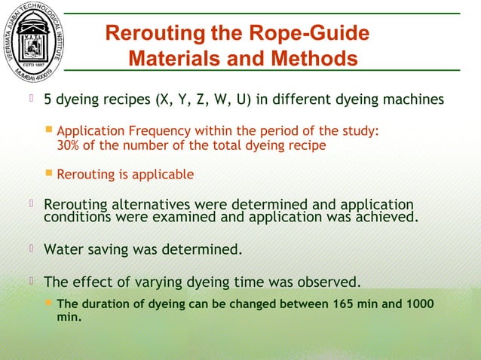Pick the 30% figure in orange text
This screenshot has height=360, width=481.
(70, 145)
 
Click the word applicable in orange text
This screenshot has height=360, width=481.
(161, 175)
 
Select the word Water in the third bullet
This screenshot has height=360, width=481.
(65, 248)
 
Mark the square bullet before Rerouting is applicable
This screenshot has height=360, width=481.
(49, 174)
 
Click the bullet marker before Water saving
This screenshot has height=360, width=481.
(33, 247)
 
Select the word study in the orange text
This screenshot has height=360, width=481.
(360, 131)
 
